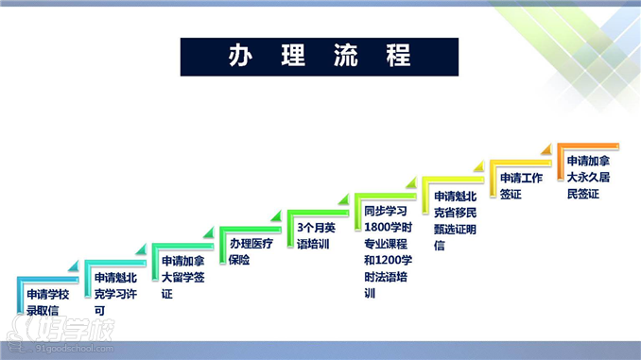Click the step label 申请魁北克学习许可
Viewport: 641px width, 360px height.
pos(115,293)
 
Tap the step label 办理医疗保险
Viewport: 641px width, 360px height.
pos(251,251)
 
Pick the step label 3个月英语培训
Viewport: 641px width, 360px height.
pos(316,235)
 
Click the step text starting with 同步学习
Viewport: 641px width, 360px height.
pos(385,251)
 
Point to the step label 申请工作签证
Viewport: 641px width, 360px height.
pos(521,185)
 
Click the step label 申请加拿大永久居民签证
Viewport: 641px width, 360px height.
pos(587,177)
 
